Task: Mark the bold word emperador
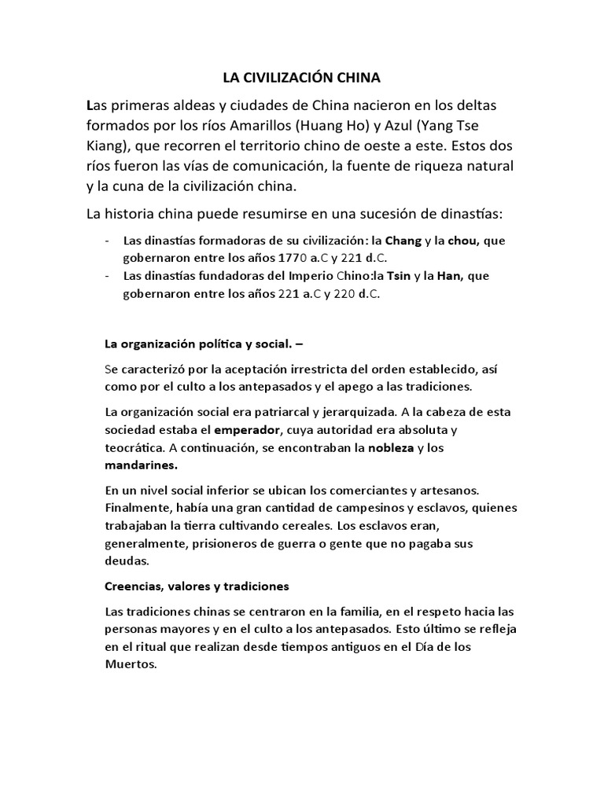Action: (246, 430)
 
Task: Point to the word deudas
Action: (125, 561)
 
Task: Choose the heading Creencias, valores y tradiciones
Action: (197, 586)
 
